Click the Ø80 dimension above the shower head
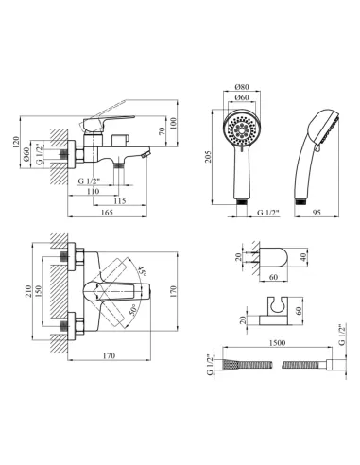tap(242, 87)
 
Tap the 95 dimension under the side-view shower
tap(317, 213)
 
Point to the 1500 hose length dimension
tap(278, 343)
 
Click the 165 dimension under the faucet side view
tap(107, 213)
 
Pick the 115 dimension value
tap(120, 201)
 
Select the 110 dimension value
tap(94, 191)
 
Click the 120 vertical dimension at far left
tap(16, 143)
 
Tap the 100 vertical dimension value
tap(173, 124)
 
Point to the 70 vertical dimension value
tap(162, 130)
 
